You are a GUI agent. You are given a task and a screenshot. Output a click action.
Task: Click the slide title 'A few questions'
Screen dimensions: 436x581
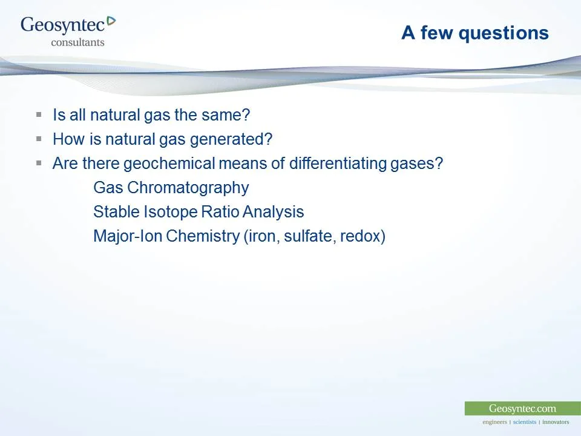coord(474,33)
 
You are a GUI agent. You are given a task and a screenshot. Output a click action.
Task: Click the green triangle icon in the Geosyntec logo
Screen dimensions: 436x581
coord(111,21)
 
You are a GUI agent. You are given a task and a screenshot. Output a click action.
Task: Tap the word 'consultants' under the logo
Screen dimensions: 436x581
coord(77,42)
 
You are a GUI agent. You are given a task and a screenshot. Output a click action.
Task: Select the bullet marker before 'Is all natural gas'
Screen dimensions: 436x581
coord(39,114)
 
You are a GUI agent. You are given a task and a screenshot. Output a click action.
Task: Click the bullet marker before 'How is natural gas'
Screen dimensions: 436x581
coord(39,139)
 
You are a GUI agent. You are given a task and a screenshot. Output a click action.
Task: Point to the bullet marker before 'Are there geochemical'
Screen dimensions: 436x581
coord(39,163)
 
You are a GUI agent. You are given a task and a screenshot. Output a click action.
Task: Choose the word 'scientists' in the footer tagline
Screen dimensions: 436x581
coord(524,422)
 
